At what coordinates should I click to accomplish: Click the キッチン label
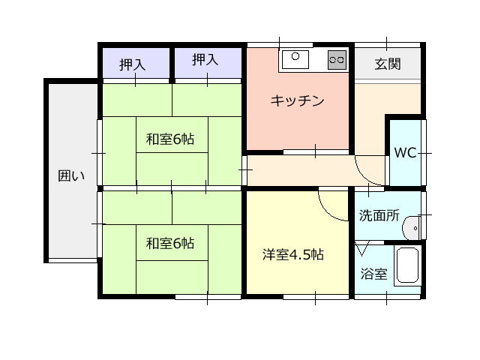click(297, 100)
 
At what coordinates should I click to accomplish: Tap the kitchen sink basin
click(295, 59)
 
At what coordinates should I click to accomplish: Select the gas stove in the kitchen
click(337, 59)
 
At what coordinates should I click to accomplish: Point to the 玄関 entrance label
click(388, 64)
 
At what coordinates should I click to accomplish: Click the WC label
click(405, 153)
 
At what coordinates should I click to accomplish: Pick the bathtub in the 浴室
click(407, 265)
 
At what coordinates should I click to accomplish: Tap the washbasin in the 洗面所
click(410, 228)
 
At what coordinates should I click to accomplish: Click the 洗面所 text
click(379, 215)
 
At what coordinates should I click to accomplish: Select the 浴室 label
click(373, 274)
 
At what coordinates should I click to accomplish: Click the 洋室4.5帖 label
click(293, 255)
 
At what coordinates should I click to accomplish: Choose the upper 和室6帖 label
click(170, 139)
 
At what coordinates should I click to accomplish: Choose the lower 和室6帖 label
click(170, 244)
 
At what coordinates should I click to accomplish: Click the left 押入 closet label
click(132, 65)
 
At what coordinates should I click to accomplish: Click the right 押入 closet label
click(205, 60)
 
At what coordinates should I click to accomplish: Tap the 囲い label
click(71, 176)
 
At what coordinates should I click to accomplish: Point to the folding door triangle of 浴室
click(362, 248)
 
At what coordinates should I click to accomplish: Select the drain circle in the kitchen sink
click(295, 56)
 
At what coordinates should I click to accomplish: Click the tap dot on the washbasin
click(415, 228)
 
